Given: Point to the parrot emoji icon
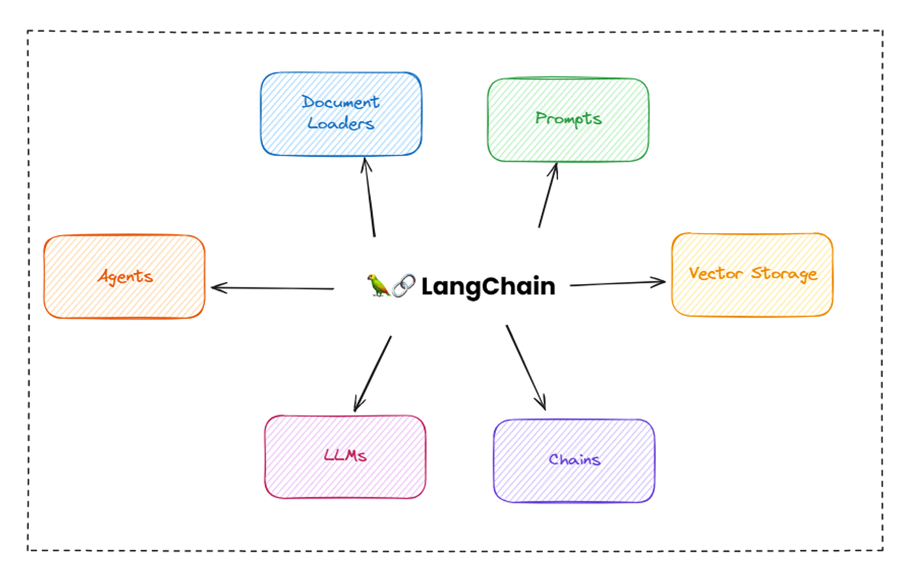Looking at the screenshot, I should [x=378, y=285].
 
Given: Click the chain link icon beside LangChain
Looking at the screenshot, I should [x=404, y=285].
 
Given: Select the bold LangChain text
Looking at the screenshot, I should [x=488, y=286].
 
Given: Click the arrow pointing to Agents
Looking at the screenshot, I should [x=273, y=288].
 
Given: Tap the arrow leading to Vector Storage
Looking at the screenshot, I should [x=617, y=283].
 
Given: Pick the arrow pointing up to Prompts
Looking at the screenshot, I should [x=548, y=196].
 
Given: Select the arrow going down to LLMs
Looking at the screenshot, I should [x=373, y=374].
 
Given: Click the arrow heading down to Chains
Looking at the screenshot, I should [x=525, y=367].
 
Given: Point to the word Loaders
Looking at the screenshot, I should [x=341, y=123].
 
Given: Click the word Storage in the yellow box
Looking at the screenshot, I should [x=784, y=273].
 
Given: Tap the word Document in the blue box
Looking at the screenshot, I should [x=340, y=102].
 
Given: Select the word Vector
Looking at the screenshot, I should [x=716, y=273].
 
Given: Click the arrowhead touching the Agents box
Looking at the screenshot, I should [x=216, y=287].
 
